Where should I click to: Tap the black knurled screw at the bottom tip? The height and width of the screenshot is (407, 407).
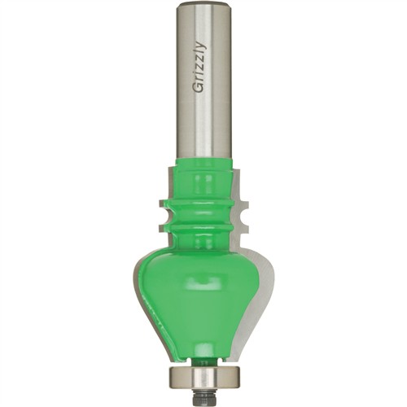[x=203, y=397]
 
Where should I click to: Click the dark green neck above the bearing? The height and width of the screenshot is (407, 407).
[x=204, y=363]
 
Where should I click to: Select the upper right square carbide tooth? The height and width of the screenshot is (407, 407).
[x=243, y=204]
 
